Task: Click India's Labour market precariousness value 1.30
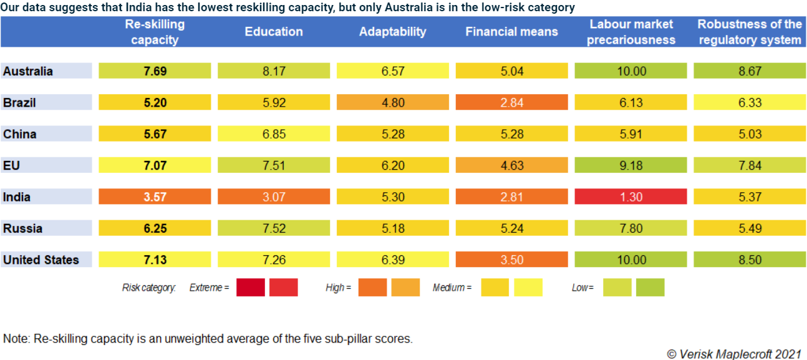click(x=631, y=197)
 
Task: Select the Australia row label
click(x=28, y=71)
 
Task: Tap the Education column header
click(x=273, y=32)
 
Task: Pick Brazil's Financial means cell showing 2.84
click(x=511, y=103)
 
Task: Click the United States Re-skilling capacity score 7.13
click(x=155, y=260)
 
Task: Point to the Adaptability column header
click(x=392, y=32)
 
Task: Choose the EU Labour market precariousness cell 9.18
click(x=631, y=165)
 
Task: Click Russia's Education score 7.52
click(x=273, y=228)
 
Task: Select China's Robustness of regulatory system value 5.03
click(x=749, y=134)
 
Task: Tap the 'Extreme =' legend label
click(x=210, y=288)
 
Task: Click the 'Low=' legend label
click(x=582, y=288)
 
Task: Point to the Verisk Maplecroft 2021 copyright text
click(x=734, y=354)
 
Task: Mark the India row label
click(x=17, y=197)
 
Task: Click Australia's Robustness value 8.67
click(x=749, y=71)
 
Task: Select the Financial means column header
click(x=511, y=32)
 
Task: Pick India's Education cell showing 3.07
click(x=273, y=197)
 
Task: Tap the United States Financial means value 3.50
click(x=511, y=260)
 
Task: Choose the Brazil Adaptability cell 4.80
click(x=392, y=103)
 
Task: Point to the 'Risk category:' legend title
click(x=149, y=288)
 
